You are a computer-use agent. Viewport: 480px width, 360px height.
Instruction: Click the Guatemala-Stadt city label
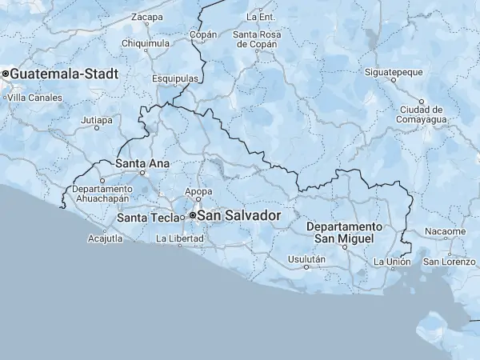[x=64, y=74]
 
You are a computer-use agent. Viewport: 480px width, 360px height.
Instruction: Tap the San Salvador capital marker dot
[x=193, y=216]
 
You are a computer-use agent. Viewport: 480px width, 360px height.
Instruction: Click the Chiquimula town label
[x=145, y=43]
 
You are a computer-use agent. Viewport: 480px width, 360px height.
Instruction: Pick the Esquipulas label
[x=175, y=78]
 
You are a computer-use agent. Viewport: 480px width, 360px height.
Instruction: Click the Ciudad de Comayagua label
[x=421, y=114]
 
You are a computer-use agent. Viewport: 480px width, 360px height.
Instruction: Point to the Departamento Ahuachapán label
[x=101, y=194]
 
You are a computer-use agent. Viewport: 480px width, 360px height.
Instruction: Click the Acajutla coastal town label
[x=106, y=238]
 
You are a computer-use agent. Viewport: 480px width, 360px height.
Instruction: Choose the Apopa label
[x=198, y=191]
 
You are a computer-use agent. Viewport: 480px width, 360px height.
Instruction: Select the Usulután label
[x=306, y=259]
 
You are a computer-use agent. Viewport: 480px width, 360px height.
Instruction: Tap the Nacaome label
[x=446, y=231]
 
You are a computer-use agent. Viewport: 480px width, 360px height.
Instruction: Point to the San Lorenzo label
[x=449, y=262]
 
